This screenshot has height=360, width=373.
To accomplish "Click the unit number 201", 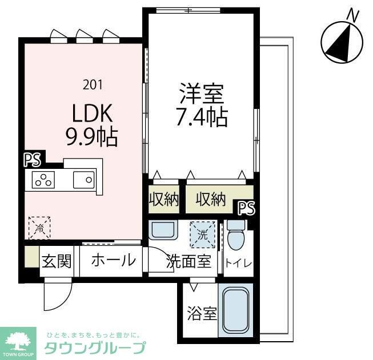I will tap(93, 84).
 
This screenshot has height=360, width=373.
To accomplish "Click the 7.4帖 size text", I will tap(202, 118).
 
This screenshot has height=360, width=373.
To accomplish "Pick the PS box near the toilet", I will tap(246, 207).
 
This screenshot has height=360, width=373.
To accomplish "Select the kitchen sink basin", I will tap(83, 180).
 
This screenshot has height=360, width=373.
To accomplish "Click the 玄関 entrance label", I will tap(57, 261).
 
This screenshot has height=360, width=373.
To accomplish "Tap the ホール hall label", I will tap(113, 261).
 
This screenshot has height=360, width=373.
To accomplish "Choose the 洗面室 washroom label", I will tap(189, 262).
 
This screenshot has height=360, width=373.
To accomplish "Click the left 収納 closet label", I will tap(164, 200).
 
